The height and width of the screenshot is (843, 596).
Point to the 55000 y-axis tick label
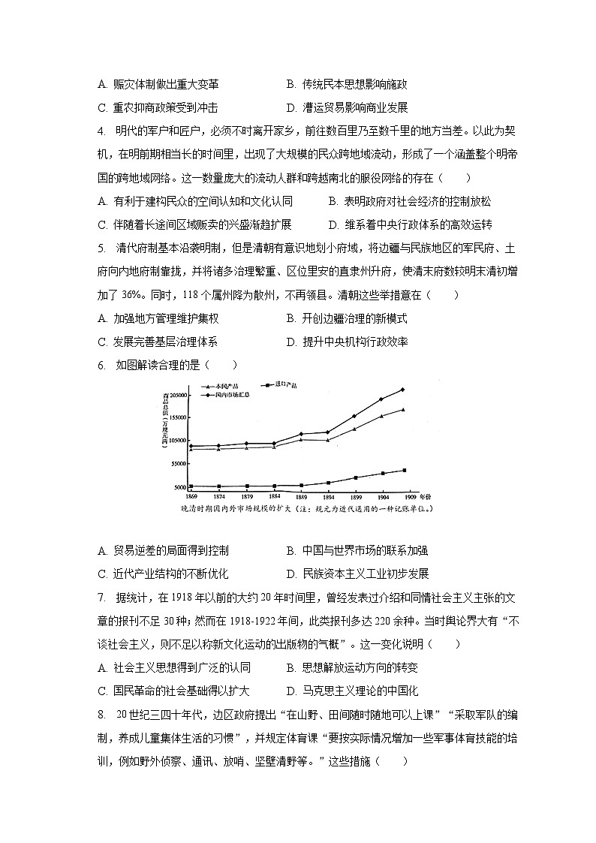pyautogui.click(x=178, y=464)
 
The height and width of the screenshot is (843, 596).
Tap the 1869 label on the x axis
pyautogui.click(x=191, y=497)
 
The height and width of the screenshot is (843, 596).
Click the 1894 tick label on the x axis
pyautogui.click(x=327, y=497)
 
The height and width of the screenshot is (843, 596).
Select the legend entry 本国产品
pyautogui.click(x=226, y=385)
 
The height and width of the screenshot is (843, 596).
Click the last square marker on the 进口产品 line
pyautogui.click(x=404, y=470)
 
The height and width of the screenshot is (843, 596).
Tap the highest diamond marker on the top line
pyautogui.click(x=403, y=389)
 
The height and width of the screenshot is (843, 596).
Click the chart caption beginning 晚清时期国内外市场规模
pyautogui.click(x=309, y=509)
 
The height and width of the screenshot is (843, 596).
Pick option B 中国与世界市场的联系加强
pyautogui.click(x=357, y=550)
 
